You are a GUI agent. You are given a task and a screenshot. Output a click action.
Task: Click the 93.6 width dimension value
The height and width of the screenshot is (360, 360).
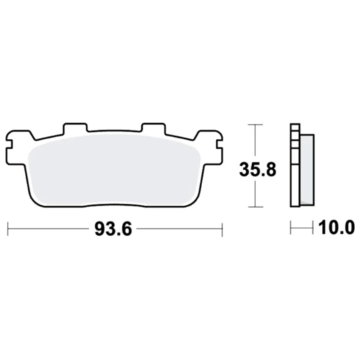[x=114, y=228]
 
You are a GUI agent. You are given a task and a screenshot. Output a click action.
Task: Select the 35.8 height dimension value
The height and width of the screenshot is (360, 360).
[x=258, y=170]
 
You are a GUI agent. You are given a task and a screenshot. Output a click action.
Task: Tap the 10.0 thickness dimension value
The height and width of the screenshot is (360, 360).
[x=336, y=228]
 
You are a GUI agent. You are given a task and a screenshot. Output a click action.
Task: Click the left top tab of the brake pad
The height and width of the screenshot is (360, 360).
[x=75, y=128]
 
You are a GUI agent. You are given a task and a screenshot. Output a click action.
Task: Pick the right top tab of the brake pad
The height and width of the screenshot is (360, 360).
[x=154, y=128]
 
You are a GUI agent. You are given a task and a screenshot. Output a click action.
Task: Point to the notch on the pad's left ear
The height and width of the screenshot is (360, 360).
[x=8, y=147]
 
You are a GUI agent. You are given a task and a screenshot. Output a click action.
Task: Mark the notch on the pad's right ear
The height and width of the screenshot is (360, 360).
[x=219, y=145]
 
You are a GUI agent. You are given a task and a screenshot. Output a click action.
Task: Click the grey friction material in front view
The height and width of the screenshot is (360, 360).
[x=114, y=170]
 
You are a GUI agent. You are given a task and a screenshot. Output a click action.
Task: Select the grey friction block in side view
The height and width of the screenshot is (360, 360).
[x=307, y=170]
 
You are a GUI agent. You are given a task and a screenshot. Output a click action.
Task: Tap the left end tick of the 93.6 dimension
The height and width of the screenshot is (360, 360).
[x=8, y=229]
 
